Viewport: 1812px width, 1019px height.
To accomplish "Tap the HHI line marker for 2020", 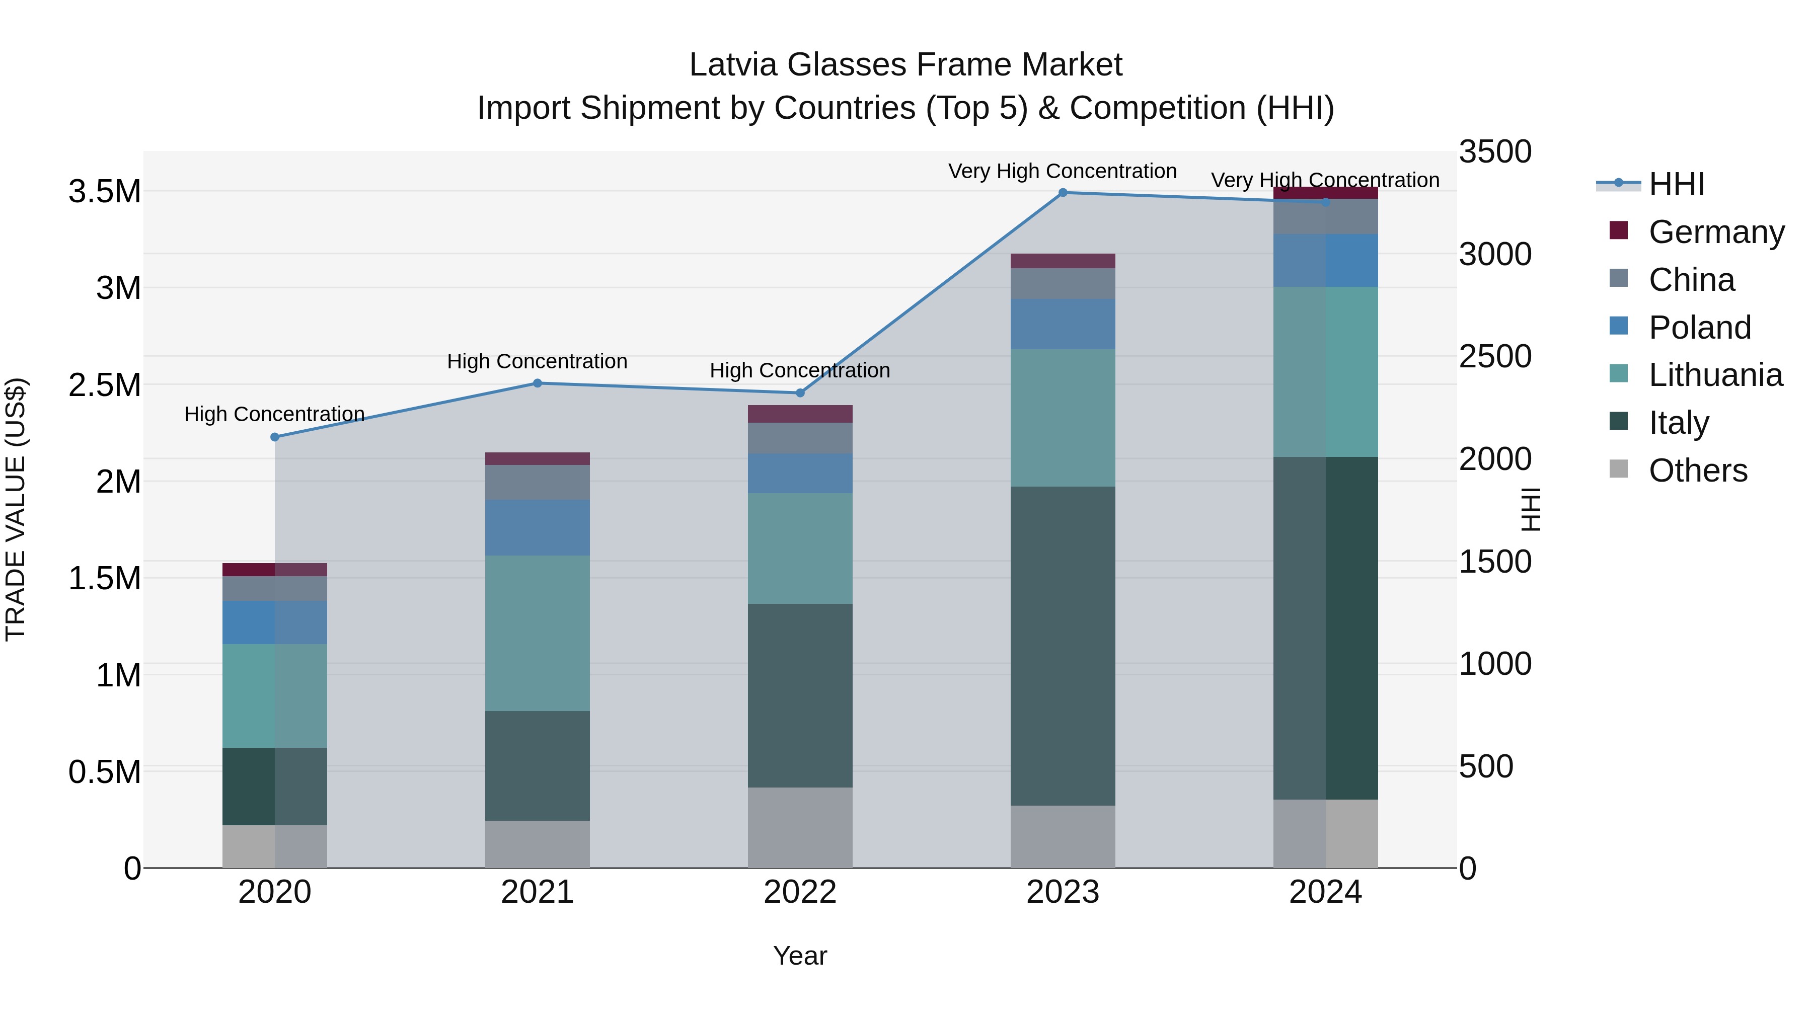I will [x=275, y=437].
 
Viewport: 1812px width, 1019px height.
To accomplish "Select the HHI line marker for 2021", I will [x=538, y=383].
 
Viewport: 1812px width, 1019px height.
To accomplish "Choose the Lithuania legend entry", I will [x=1715, y=375].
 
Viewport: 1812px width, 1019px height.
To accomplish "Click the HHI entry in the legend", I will [x=1676, y=184].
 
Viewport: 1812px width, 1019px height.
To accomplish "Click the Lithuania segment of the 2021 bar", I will [x=538, y=633].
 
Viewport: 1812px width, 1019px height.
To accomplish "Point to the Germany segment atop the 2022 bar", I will [x=800, y=414].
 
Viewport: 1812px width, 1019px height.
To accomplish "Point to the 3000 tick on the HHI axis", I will [x=1495, y=254].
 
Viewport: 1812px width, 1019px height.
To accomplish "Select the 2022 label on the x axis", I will [x=800, y=892].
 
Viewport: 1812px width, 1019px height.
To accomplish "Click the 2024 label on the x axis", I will [x=1325, y=892].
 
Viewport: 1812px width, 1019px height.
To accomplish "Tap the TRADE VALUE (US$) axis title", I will [x=16, y=509].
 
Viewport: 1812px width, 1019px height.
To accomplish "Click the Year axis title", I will [x=800, y=956].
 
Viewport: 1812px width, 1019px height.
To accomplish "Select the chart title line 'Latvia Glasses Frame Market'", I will [x=905, y=65].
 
